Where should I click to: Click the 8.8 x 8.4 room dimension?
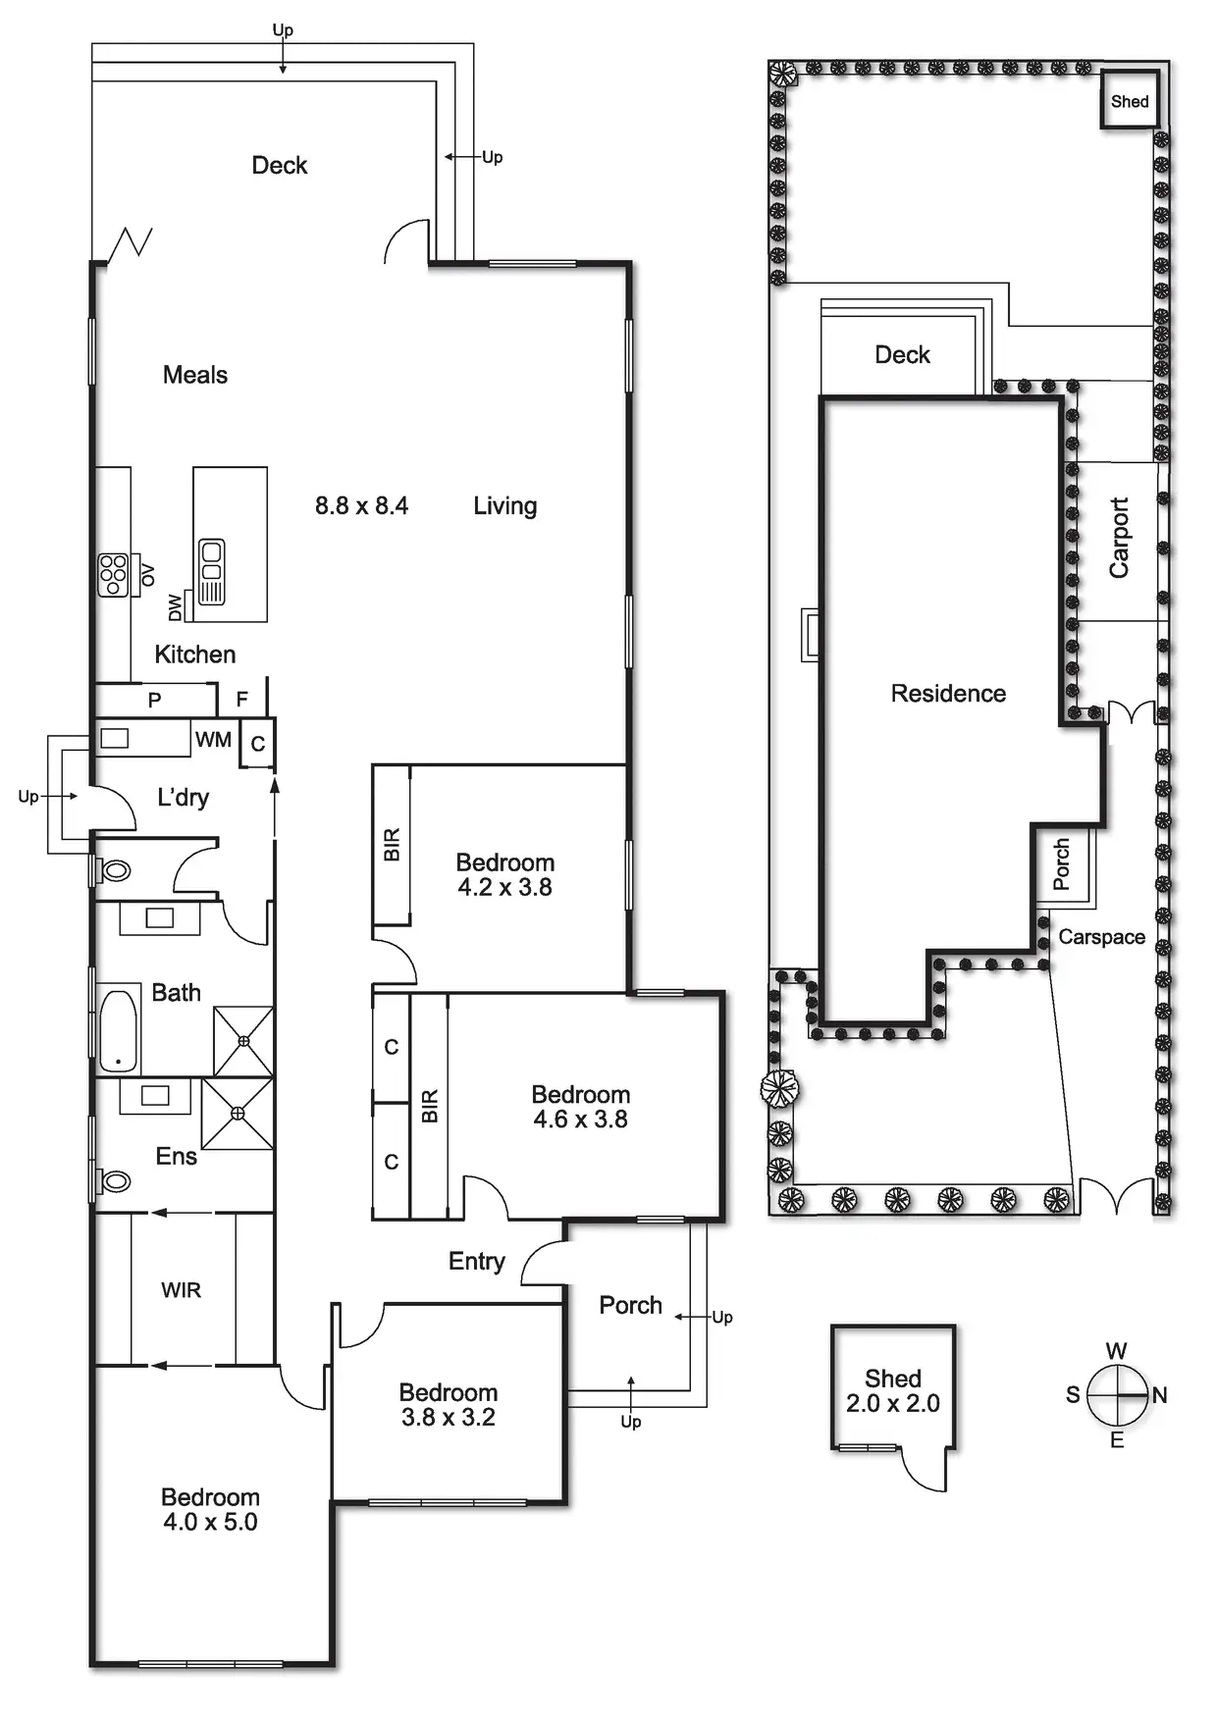[361, 506]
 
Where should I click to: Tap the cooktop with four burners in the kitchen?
[113, 575]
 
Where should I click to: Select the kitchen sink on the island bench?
[212, 571]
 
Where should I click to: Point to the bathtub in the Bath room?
[118, 1031]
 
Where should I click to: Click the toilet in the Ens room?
[116, 1181]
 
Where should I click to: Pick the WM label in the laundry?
[213, 740]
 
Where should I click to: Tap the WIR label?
[182, 1290]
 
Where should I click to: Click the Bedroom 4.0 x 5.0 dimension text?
[210, 1522]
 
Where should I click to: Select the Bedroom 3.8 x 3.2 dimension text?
[448, 1417]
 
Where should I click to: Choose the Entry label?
[476, 1261]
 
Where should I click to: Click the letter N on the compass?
[1160, 1394]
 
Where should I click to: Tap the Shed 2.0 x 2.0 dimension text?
[892, 1404]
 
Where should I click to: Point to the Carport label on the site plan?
[1119, 538]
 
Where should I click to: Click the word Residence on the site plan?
[948, 694]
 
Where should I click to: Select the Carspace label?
[1101, 937]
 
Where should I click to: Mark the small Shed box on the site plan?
[1130, 101]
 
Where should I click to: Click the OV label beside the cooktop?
[148, 575]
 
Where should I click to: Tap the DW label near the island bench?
[176, 607]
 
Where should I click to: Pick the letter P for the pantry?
[154, 701]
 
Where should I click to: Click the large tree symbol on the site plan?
[780, 1087]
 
